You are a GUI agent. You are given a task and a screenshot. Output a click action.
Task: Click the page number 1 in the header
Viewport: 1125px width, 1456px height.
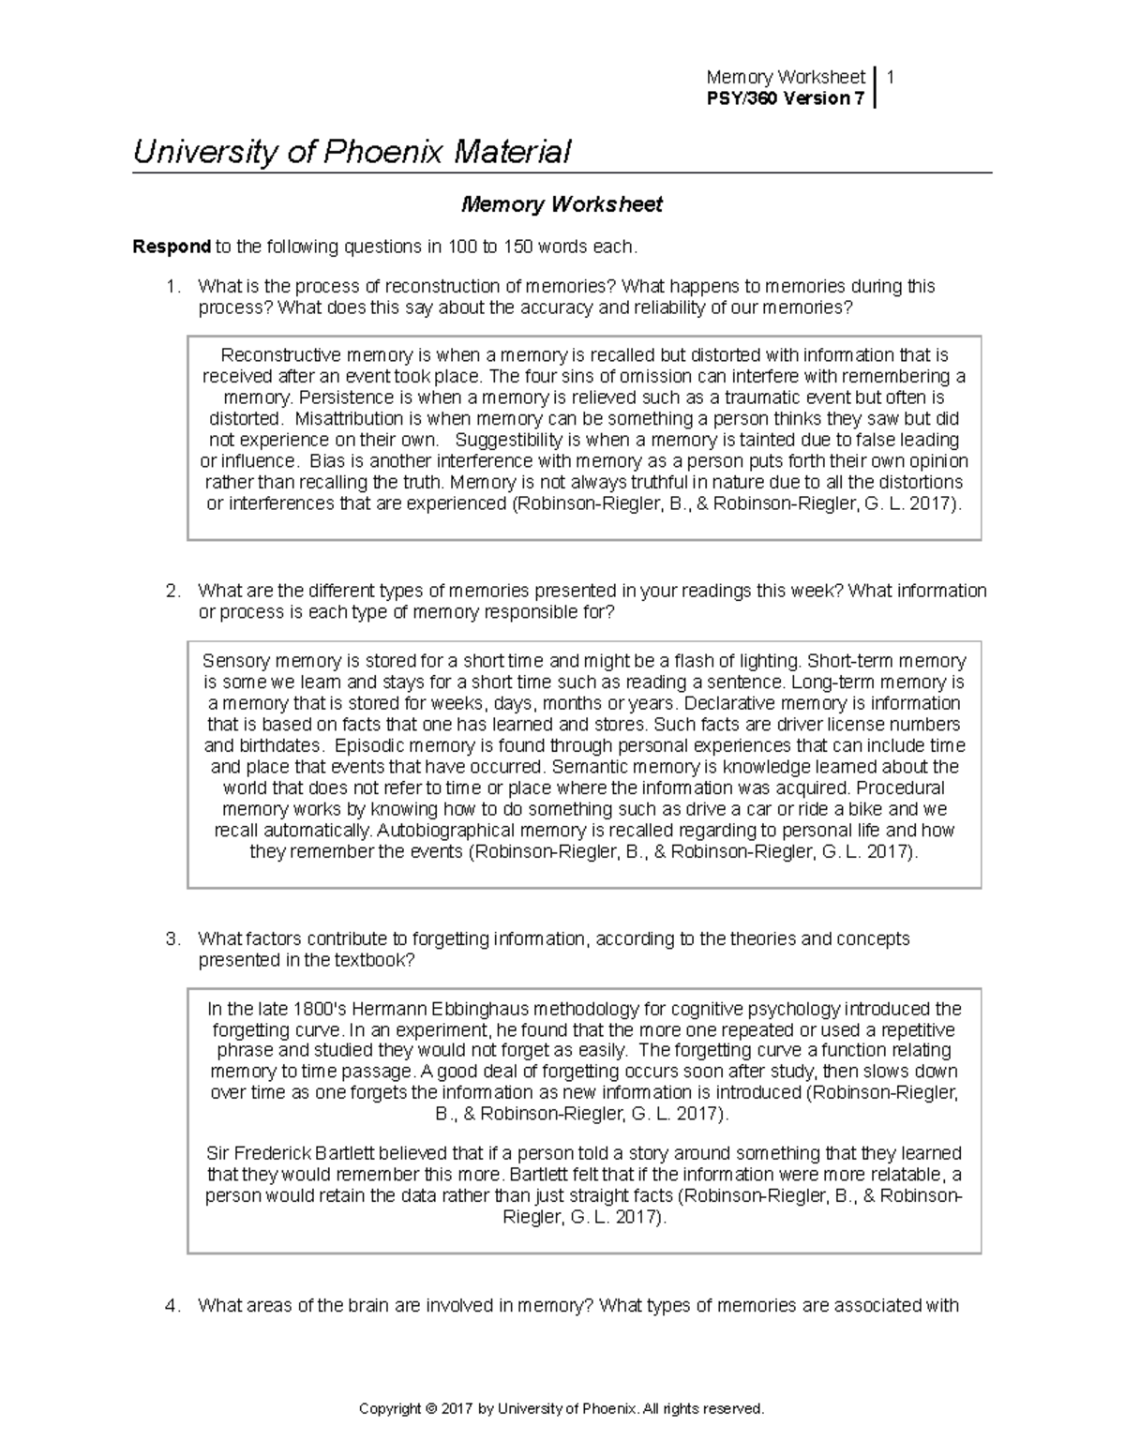coord(890,77)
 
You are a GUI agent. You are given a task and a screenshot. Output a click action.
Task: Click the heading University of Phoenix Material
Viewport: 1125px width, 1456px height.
coord(352,152)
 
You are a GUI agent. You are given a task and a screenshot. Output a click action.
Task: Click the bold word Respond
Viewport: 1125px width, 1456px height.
coord(172,247)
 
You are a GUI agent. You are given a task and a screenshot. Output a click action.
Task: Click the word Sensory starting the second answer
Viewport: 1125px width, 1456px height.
coord(232,661)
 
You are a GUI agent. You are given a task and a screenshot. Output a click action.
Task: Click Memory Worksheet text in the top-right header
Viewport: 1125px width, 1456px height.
coord(786,77)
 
